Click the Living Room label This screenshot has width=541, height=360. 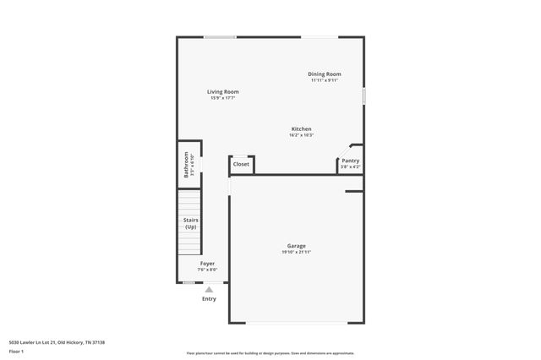tap(223, 91)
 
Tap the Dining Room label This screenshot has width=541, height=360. tap(324, 74)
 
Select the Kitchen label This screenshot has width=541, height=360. tap(302, 129)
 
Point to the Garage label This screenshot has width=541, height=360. tap(296, 246)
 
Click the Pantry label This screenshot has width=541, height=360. tap(350, 161)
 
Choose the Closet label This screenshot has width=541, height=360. tap(241, 164)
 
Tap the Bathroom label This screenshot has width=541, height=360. tap(186, 165)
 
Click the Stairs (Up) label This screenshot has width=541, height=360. tap(190, 224)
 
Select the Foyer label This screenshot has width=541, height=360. tap(207, 264)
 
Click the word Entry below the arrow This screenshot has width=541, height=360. tap(209, 298)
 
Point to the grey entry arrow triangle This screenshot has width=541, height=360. tap(209, 289)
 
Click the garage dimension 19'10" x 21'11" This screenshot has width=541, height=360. tap(296, 253)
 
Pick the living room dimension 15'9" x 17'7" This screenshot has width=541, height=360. tap(223, 98)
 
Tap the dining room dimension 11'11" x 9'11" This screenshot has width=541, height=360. tap(324, 81)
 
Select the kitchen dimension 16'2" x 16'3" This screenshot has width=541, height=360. tap(302, 135)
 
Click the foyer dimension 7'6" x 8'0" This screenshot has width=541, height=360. tap(207, 270)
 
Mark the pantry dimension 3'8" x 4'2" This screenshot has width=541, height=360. tap(350, 167)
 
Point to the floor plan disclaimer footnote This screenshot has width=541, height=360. tap(270, 353)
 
